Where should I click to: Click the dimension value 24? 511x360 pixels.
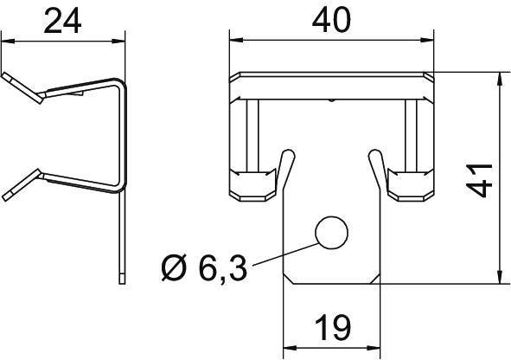tap(65, 21)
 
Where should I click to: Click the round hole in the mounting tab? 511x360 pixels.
tap(332, 232)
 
